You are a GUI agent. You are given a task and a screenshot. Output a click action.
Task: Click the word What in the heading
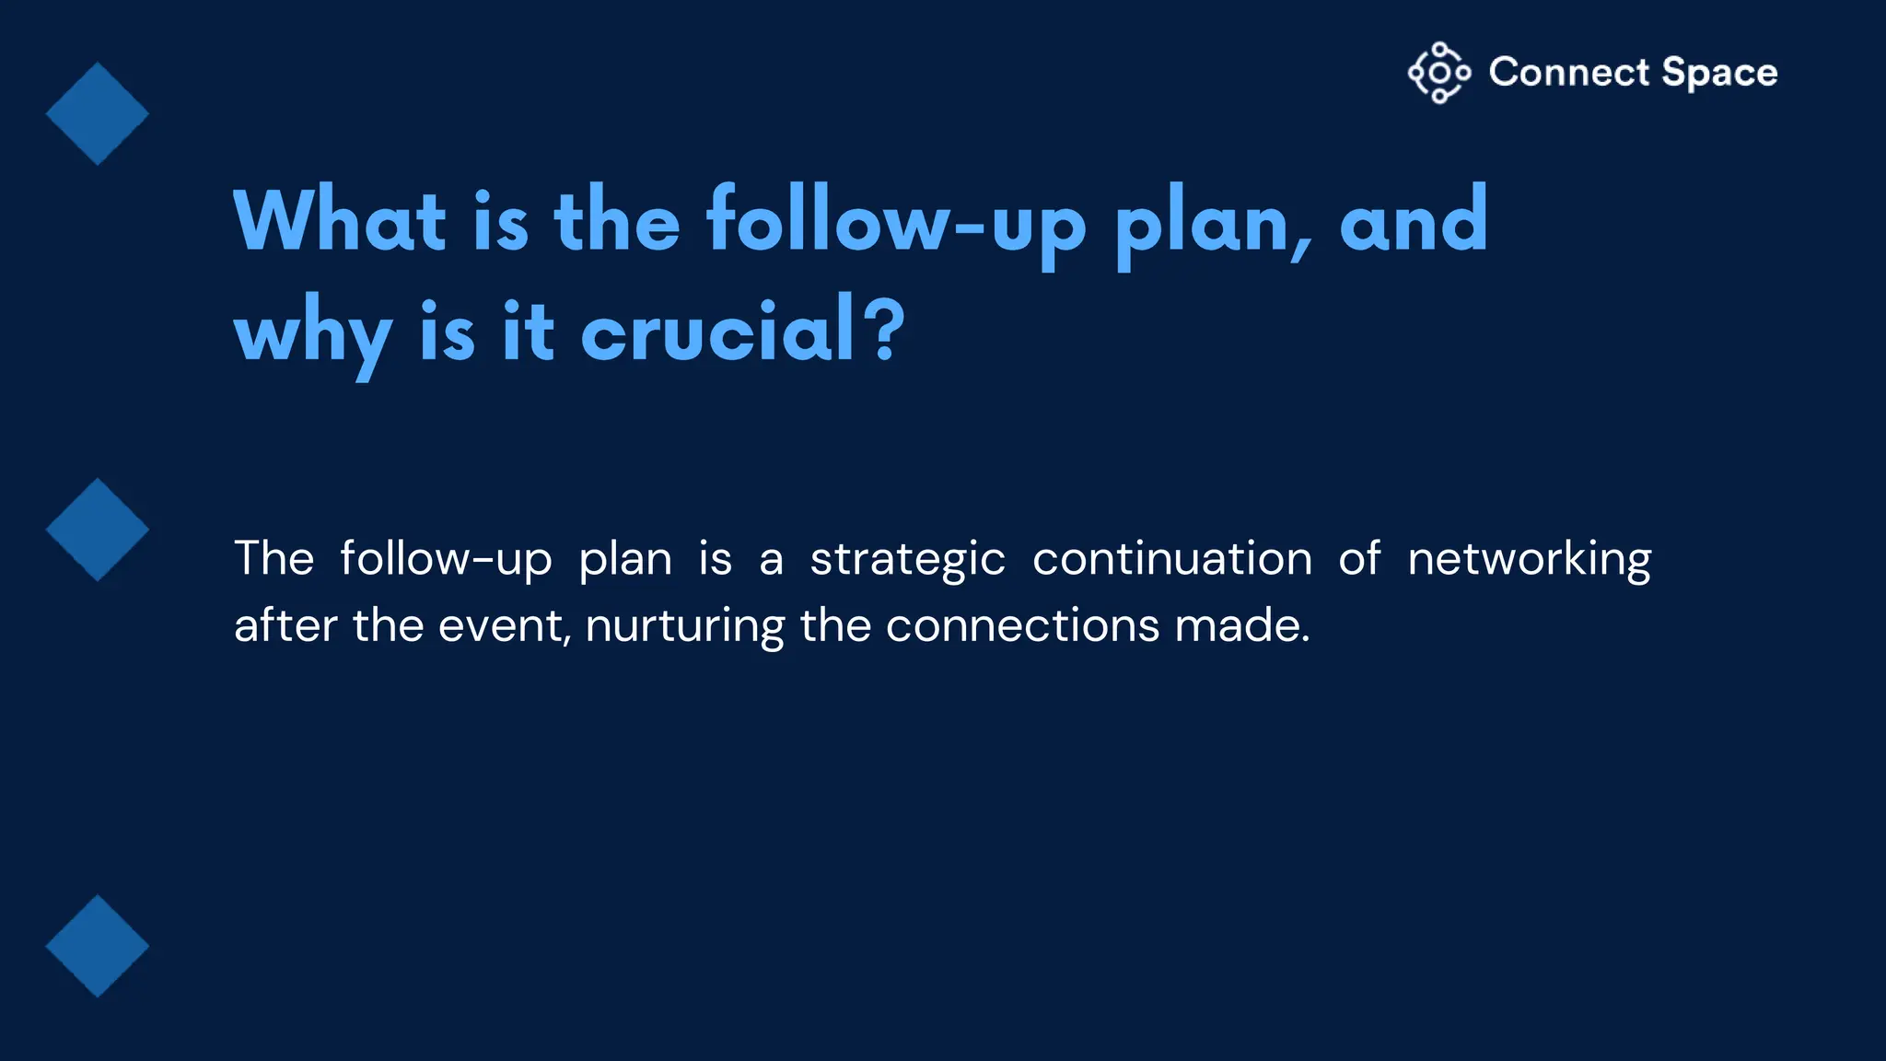[340, 221]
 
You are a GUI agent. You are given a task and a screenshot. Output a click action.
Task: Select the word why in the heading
[313, 333]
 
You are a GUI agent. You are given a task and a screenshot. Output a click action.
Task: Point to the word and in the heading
[1413, 221]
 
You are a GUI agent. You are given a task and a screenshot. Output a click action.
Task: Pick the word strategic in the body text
[907, 560]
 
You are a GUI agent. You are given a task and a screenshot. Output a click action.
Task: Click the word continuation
[1172, 558]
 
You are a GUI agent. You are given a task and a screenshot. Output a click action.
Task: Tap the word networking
[1530, 560]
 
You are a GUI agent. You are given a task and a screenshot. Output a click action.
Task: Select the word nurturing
[684, 627]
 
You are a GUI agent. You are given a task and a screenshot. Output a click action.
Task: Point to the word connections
[1022, 626]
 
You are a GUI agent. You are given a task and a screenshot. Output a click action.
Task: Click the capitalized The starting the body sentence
[274, 558]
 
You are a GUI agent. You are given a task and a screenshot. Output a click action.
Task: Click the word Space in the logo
[1719, 73]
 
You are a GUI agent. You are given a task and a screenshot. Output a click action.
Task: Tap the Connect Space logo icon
[1438, 73]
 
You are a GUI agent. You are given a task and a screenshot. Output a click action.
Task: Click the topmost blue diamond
[98, 114]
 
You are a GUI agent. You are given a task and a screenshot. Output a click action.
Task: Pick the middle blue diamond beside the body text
[98, 530]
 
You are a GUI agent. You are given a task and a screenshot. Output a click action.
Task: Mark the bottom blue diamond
[98, 946]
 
